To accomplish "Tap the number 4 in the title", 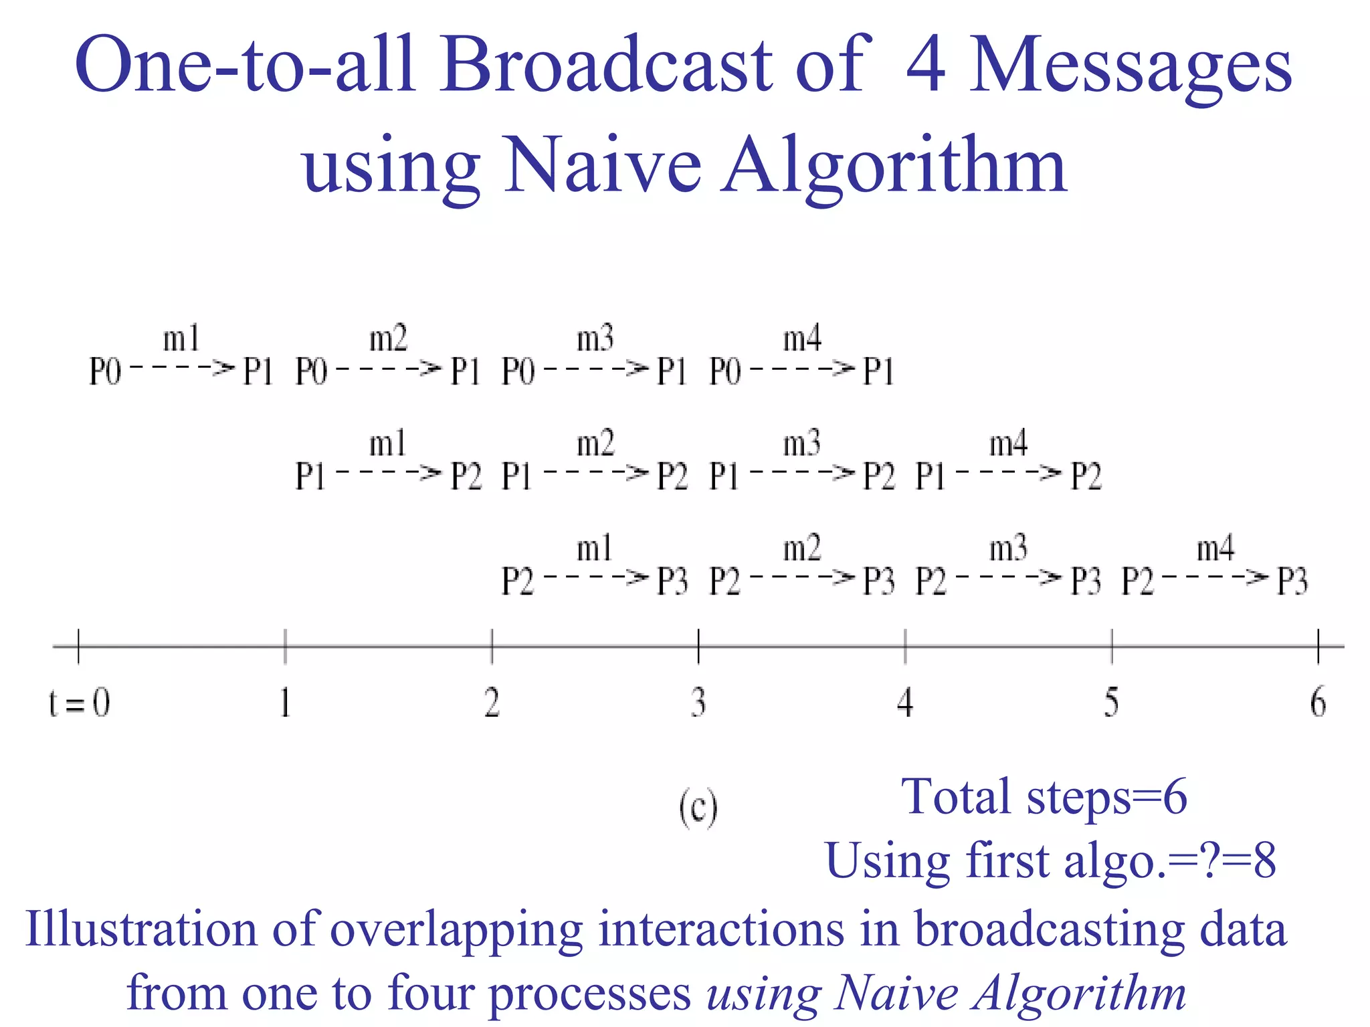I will tap(925, 65).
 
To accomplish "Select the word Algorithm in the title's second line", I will tap(894, 166).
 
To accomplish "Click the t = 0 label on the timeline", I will tap(80, 703).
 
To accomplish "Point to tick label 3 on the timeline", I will tap(698, 703).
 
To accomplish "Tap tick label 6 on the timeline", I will tap(1318, 703).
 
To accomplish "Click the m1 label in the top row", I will tap(181, 339).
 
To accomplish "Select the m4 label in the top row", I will tap(801, 339).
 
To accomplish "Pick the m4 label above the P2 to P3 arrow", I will tap(1215, 549).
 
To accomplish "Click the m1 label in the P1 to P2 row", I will tap(388, 444).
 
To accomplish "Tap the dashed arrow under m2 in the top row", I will tap(389, 368).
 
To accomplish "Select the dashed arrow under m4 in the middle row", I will tap(1009, 473).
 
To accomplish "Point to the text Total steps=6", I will tap(1044, 797).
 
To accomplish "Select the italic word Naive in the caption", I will tap(895, 994).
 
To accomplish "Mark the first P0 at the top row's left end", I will tap(105, 372).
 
